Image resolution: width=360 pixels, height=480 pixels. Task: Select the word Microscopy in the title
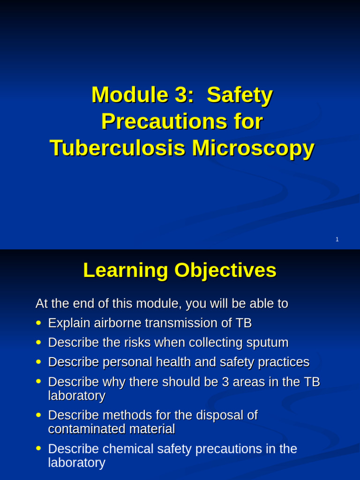253,148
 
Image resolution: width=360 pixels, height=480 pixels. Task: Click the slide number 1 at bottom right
337,240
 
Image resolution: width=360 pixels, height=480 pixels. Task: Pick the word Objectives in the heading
225,270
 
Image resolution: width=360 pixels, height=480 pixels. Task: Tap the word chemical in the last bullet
128,449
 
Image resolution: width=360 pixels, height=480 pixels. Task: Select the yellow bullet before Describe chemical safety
38,449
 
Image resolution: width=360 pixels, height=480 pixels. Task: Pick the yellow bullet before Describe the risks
38,343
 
